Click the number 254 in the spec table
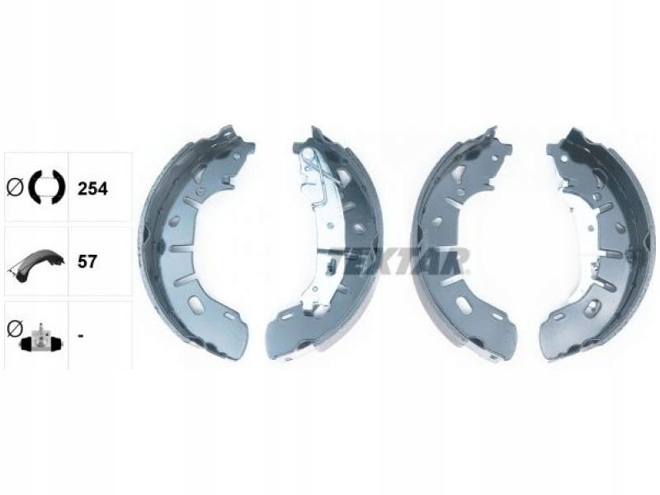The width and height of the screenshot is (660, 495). pyautogui.click(x=92, y=189)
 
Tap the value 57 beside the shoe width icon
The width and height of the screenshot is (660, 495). pyautogui.click(x=87, y=262)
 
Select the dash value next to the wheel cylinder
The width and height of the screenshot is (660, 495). pyautogui.click(x=81, y=336)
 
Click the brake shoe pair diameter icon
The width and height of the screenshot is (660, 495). pyautogui.click(x=46, y=188)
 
